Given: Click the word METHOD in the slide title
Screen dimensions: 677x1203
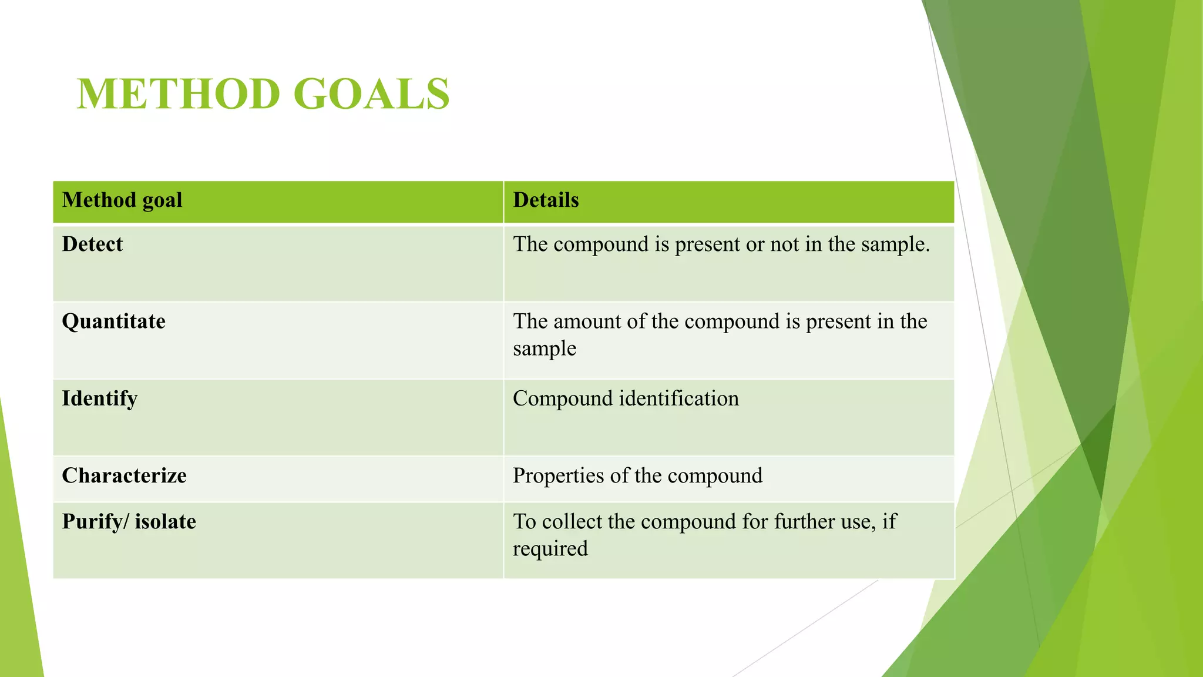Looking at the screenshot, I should (179, 94).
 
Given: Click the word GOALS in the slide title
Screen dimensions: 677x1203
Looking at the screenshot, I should (371, 94).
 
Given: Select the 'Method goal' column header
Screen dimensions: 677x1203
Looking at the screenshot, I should (122, 200).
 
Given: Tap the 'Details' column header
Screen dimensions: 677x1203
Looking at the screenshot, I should (546, 200).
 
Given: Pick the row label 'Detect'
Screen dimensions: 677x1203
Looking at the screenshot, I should (92, 244).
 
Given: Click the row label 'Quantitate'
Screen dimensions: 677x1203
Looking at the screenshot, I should (113, 321).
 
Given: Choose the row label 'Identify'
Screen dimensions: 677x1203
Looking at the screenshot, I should (100, 398).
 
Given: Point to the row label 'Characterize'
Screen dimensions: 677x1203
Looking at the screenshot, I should (124, 475).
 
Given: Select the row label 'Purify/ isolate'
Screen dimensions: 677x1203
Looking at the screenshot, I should (129, 522).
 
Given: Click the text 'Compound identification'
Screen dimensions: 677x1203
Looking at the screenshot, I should (626, 398).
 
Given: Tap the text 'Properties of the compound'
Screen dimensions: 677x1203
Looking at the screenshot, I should (637, 475).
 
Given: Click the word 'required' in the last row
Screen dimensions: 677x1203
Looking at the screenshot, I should (550, 549).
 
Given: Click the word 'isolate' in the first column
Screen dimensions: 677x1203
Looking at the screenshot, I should (166, 522).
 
